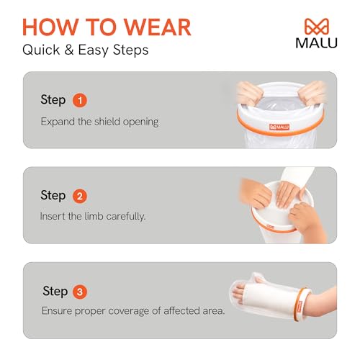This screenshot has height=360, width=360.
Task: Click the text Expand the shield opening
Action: (99, 121)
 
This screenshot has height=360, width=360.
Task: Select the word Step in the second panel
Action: (53, 196)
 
